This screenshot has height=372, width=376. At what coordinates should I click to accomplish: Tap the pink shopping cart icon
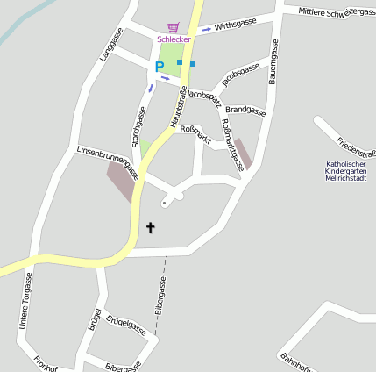click(173, 27)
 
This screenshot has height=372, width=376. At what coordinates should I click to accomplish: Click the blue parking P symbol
click(160, 66)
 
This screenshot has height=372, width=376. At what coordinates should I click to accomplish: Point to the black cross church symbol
click(150, 228)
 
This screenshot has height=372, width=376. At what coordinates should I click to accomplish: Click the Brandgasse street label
click(245, 111)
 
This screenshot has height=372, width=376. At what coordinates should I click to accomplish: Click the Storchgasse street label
click(137, 126)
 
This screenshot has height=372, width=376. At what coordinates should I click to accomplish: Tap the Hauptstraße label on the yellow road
click(178, 104)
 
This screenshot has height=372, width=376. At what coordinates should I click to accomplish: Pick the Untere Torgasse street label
click(27, 300)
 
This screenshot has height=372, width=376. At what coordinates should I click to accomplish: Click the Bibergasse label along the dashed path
click(160, 297)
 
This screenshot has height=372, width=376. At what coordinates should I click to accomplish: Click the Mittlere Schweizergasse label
click(336, 11)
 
